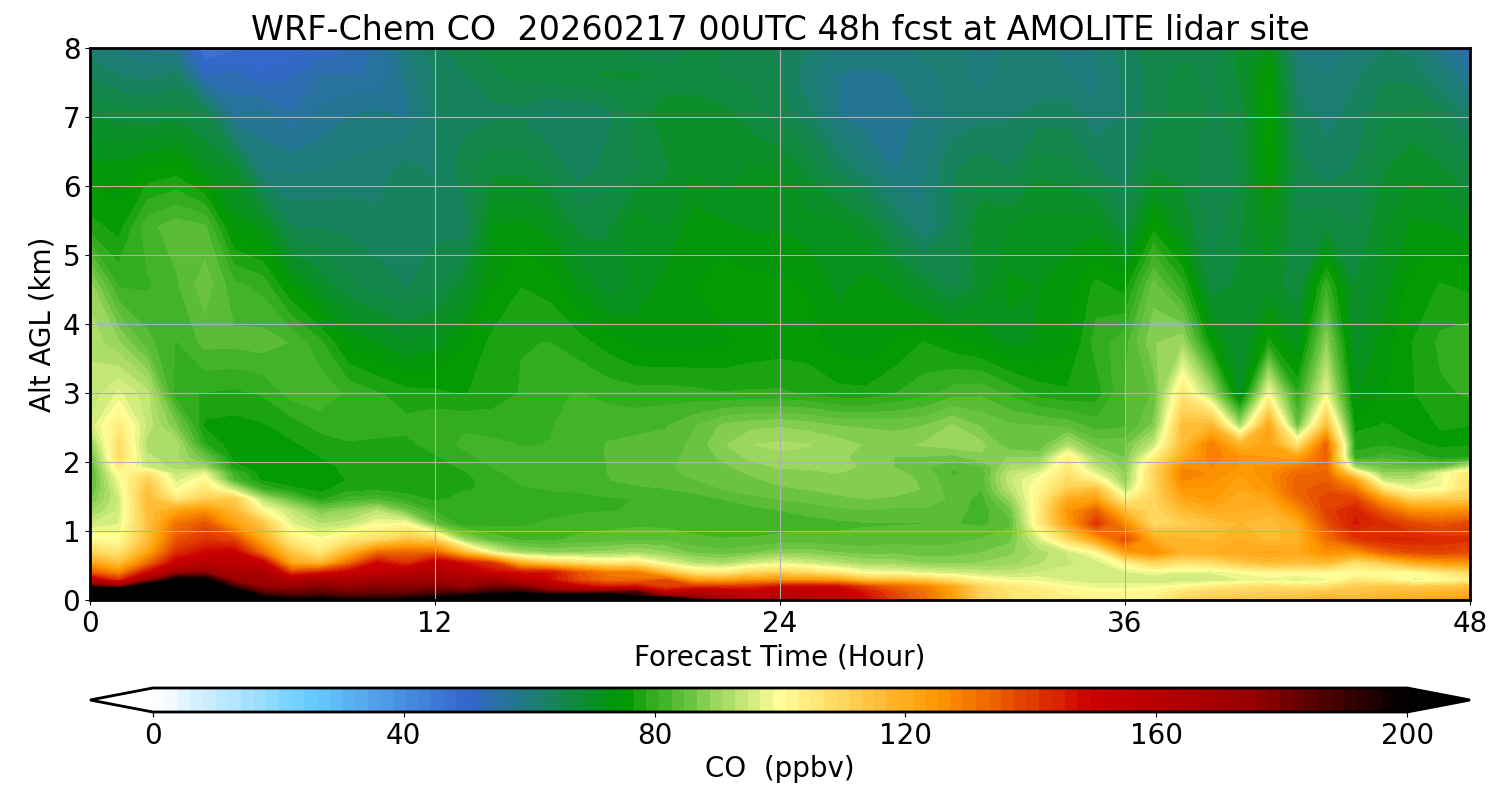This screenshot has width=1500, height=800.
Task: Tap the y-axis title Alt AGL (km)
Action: [41, 324]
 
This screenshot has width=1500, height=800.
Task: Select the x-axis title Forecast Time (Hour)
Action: [779, 657]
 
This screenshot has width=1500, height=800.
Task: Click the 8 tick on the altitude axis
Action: [71, 49]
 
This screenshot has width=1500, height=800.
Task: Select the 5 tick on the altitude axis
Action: [71, 256]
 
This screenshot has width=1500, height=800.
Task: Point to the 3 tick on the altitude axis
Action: [71, 394]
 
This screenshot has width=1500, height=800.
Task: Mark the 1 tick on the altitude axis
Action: [71, 532]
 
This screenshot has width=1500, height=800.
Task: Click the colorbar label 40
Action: [403, 735]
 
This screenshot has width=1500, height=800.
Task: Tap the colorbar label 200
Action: [1407, 735]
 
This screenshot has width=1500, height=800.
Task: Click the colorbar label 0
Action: [153, 735]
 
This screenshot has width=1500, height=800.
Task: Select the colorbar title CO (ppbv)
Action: [779, 768]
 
